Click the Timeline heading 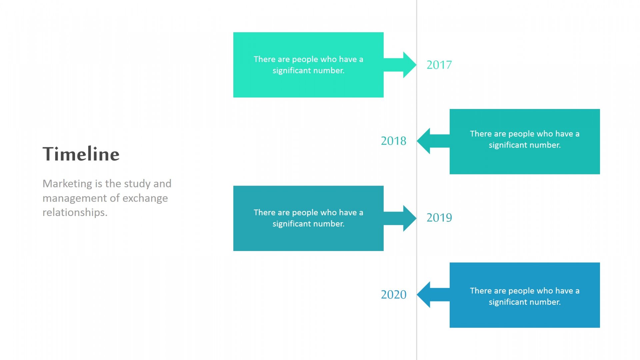click(x=81, y=154)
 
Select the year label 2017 click(x=439, y=65)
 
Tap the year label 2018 click(x=394, y=141)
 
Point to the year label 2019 click(x=439, y=218)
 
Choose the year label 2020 click(x=394, y=294)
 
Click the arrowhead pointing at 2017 click(x=410, y=65)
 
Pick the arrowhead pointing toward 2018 click(x=423, y=141)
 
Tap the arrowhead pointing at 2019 click(x=410, y=218)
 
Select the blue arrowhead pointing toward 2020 click(x=423, y=295)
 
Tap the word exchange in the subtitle click(x=145, y=198)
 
